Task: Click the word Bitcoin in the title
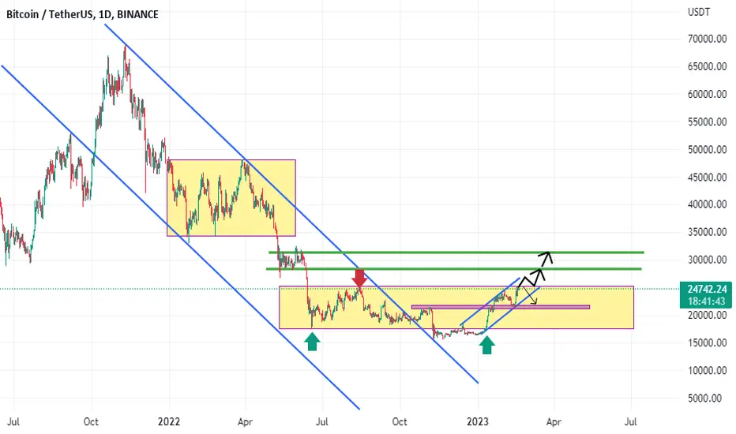(x=23, y=14)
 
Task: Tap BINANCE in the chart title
(x=137, y=14)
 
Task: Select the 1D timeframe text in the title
(x=104, y=14)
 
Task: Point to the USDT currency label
(x=699, y=12)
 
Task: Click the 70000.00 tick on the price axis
(x=708, y=39)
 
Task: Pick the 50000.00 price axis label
(x=708, y=150)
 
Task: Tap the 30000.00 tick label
(x=708, y=260)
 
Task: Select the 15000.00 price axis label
(x=708, y=343)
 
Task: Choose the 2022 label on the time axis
(x=169, y=422)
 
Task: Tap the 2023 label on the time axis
(x=478, y=422)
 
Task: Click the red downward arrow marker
(x=359, y=278)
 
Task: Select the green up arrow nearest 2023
(x=486, y=346)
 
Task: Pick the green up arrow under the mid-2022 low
(x=312, y=341)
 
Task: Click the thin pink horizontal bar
(x=501, y=307)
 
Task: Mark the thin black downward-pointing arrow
(x=529, y=294)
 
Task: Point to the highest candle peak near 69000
(x=126, y=47)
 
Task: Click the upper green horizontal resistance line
(x=456, y=253)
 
